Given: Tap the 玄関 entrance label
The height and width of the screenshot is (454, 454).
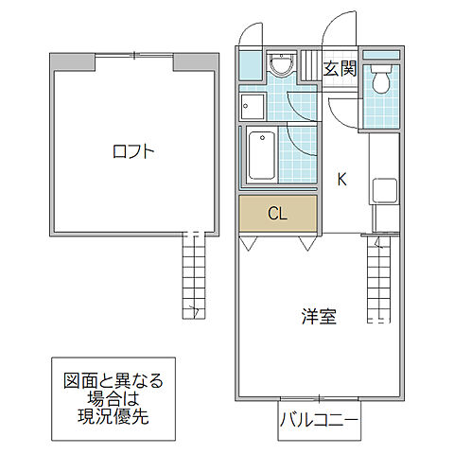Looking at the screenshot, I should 340,68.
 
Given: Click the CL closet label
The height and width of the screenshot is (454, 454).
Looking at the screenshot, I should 277,213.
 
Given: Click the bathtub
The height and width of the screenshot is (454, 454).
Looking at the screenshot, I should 261,155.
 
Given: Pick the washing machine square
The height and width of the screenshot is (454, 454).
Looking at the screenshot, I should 252,104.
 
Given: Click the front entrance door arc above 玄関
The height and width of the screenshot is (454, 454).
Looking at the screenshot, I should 338,33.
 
